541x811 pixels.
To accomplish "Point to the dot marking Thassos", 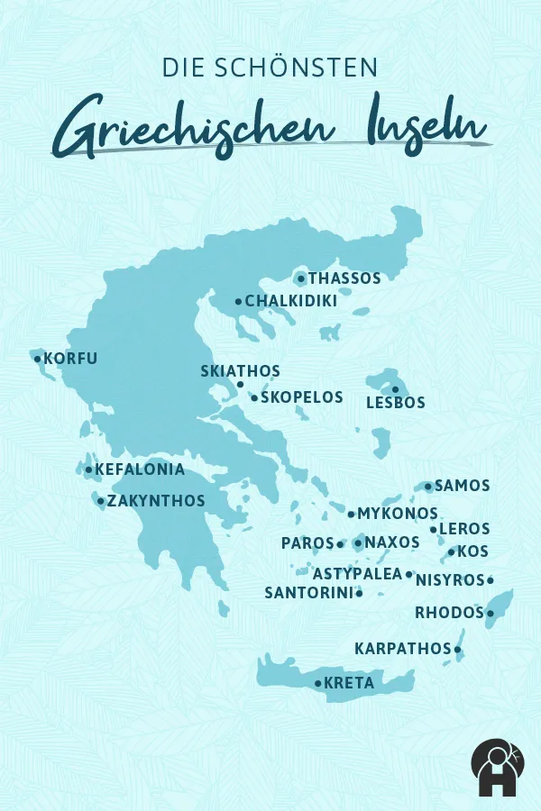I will click(301, 278).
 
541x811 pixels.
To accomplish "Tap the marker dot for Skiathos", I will click(240, 385).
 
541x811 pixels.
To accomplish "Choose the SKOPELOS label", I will click(302, 397).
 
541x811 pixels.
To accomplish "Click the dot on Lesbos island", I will click(395, 389).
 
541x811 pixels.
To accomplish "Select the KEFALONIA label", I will click(140, 469).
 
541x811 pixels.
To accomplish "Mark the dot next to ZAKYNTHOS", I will click(101, 501).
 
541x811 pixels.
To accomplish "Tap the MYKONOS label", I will click(398, 514).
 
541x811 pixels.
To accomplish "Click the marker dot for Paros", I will click(340, 543).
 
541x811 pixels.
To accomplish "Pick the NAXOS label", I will click(392, 542).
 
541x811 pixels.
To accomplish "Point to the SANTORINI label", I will click(307, 593).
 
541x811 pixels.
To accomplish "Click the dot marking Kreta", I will click(318, 683).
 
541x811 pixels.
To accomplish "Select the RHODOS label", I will click(449, 614).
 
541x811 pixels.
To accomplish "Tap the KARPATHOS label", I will click(402, 649).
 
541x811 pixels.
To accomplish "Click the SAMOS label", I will click(463, 486).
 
